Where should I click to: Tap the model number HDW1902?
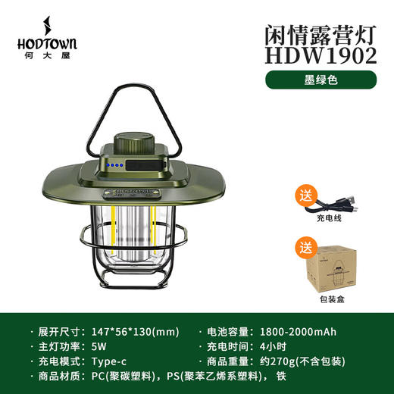point(320,54)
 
